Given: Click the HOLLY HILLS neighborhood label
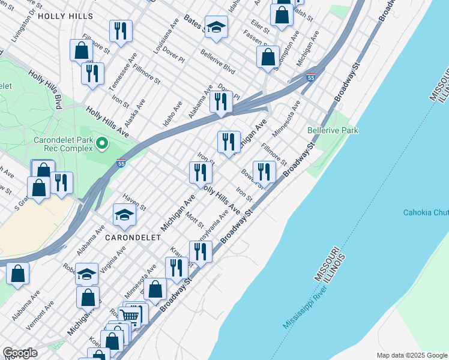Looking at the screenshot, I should coord(65,16).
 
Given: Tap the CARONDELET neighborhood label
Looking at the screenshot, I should coord(133,238).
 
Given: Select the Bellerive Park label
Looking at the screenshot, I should coord(332,130).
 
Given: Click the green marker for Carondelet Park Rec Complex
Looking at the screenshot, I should coord(101,143).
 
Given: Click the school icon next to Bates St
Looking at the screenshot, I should coord(215,26).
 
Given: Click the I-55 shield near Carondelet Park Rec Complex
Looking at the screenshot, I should coord(121,163).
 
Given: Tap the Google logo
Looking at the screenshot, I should coord(20,353).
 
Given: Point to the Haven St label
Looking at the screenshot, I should coord(134,201).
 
